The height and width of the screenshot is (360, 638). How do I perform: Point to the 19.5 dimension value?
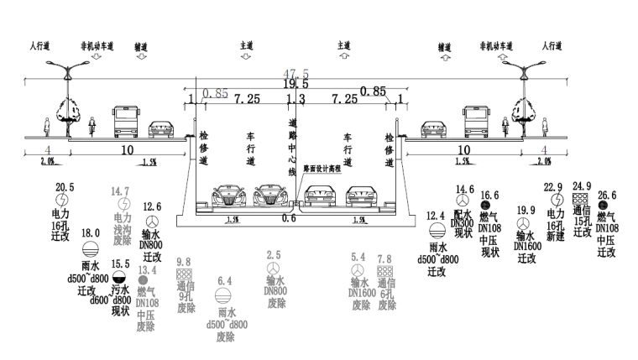(x=295, y=84)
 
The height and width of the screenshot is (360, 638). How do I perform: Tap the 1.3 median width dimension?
(x=295, y=99)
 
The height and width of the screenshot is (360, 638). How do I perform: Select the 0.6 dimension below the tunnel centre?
(x=290, y=218)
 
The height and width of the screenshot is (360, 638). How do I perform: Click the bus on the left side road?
(x=126, y=122)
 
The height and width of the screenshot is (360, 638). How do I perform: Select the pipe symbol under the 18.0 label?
(x=89, y=249)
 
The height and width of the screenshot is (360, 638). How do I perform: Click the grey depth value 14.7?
(x=123, y=191)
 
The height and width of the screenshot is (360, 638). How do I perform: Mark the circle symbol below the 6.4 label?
(x=224, y=295)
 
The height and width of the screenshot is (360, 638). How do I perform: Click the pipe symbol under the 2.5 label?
(x=274, y=269)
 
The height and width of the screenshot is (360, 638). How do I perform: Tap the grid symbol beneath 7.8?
(x=384, y=272)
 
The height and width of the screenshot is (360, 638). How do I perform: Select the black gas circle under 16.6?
(x=485, y=205)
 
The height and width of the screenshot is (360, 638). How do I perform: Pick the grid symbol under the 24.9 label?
(x=579, y=199)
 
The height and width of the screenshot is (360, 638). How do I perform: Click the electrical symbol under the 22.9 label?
(x=555, y=201)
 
